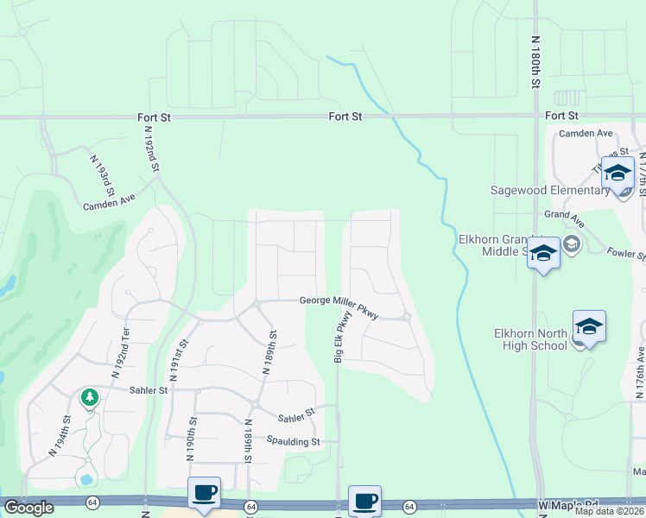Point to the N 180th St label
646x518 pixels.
coord(535,62)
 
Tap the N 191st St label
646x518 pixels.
coord(182,360)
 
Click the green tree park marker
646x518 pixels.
coord(89,397)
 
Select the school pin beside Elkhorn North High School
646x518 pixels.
coord(589,326)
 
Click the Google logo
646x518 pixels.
coord(28,508)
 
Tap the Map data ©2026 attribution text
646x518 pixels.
coord(609,511)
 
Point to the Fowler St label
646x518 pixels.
coord(626,255)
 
